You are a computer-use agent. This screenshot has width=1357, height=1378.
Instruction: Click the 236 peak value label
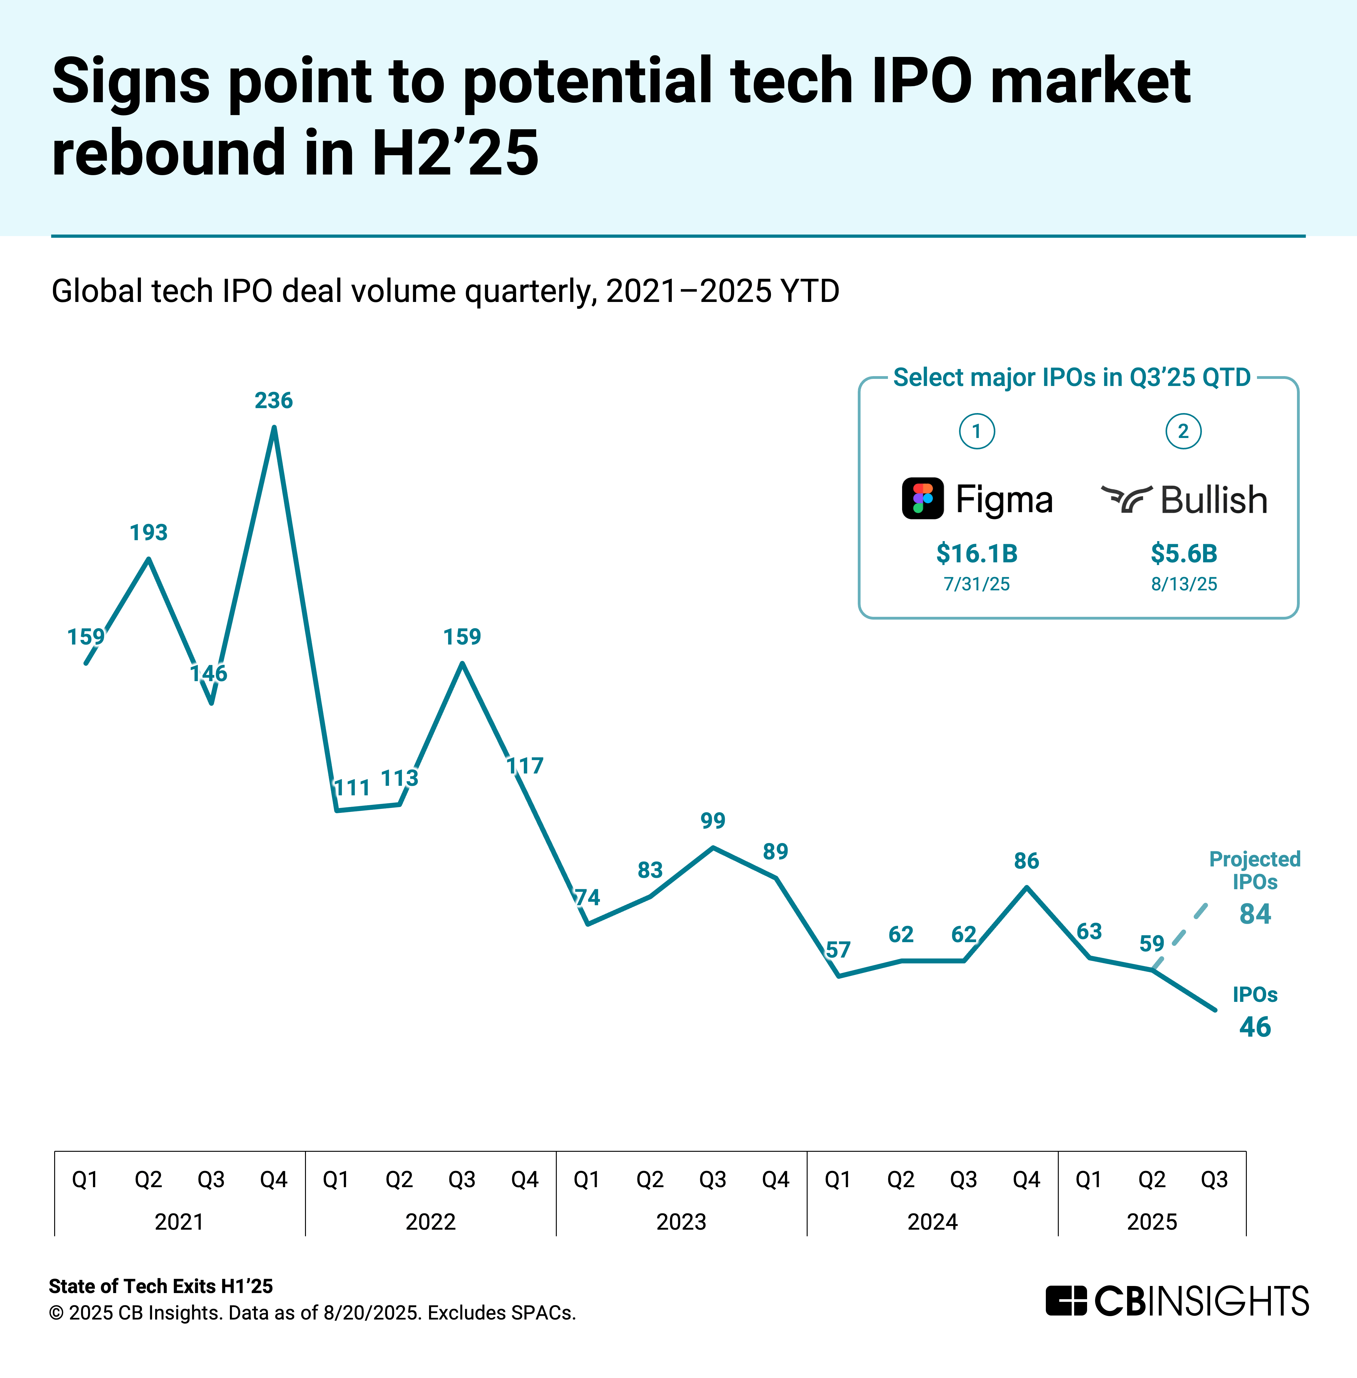[274, 401]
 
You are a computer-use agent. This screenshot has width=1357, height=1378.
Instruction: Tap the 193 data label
[148, 532]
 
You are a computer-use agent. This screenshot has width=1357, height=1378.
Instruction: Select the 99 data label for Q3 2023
[713, 821]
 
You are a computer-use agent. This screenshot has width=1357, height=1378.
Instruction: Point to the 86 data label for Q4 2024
[1026, 861]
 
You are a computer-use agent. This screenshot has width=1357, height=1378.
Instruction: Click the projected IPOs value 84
[1255, 914]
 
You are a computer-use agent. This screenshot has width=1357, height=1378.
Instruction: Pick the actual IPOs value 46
[1255, 1027]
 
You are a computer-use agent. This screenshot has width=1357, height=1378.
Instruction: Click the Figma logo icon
[923, 498]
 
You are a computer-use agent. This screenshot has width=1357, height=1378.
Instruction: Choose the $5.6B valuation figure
[1184, 554]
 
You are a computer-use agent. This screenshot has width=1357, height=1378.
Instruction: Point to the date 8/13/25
[1184, 585]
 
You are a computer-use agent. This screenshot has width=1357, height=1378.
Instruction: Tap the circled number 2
[1183, 431]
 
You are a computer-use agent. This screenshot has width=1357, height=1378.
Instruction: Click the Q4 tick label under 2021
[274, 1180]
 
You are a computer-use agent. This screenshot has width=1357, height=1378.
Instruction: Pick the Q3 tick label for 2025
[1214, 1180]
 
